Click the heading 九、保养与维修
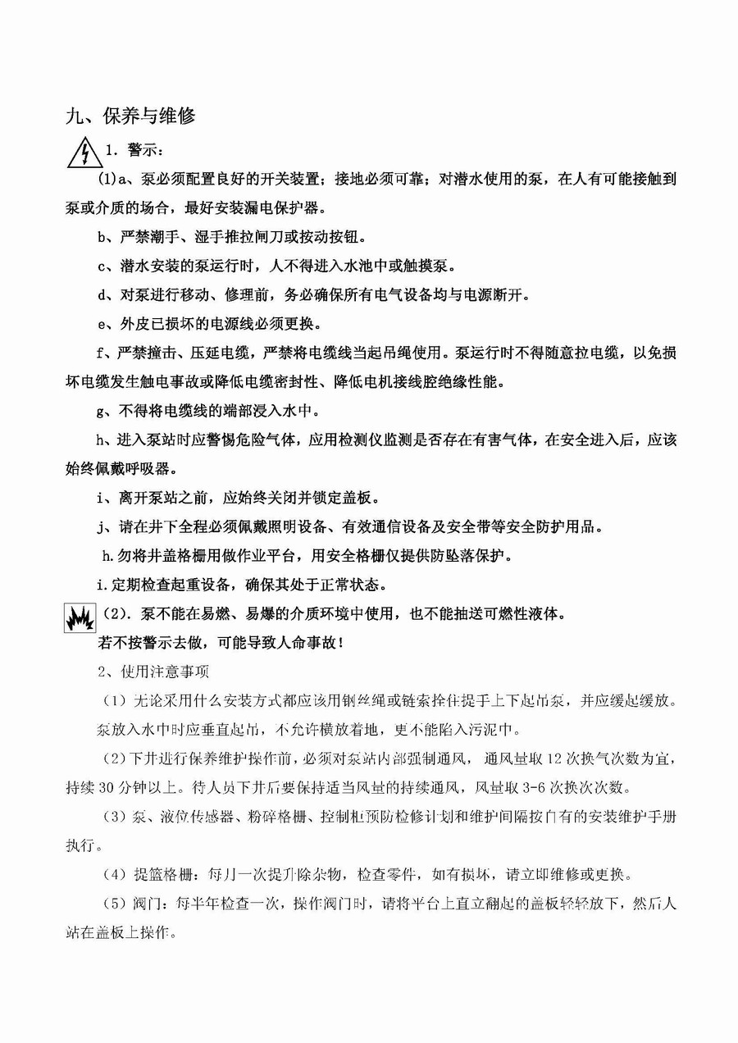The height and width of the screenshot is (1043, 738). (x=130, y=116)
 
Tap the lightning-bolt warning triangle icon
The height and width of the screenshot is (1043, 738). (x=83, y=153)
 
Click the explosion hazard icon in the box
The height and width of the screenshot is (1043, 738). (x=80, y=619)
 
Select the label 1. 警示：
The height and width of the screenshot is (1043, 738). (x=123, y=153)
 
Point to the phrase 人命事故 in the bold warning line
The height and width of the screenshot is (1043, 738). (x=294, y=643)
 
